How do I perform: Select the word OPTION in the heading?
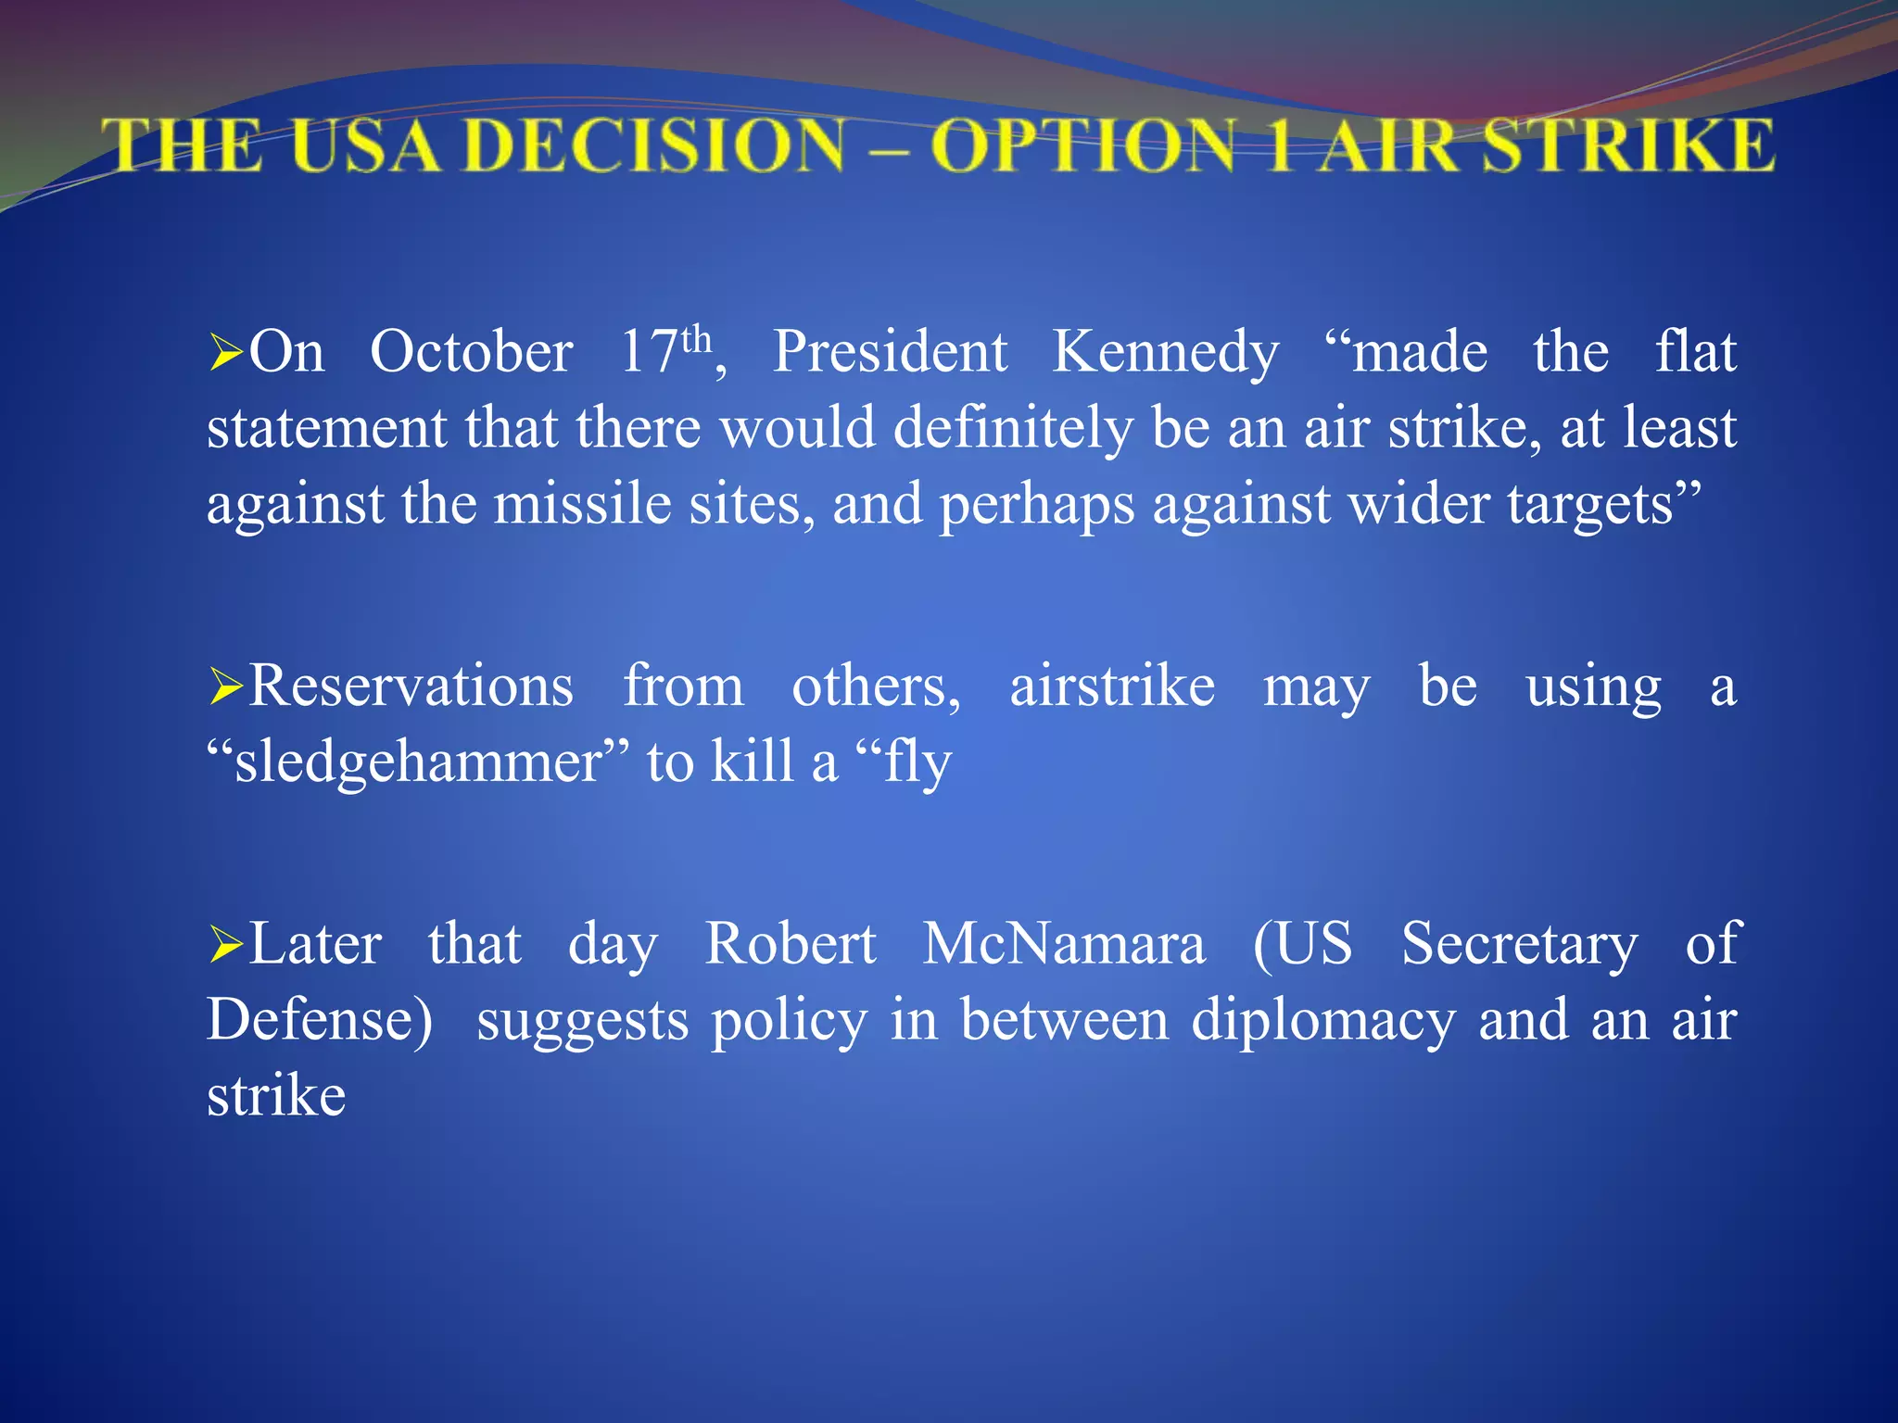click(1084, 146)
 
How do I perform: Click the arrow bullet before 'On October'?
click(225, 353)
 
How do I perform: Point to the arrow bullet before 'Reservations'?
click(225, 687)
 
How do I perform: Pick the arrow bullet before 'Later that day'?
click(225, 945)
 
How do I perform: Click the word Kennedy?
click(1165, 353)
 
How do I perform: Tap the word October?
click(471, 353)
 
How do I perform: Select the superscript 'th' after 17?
click(696, 340)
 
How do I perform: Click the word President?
click(890, 353)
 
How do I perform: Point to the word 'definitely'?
click(1013, 429)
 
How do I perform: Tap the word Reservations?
click(411, 687)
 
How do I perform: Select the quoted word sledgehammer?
click(418, 763)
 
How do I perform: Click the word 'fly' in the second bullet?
click(917, 763)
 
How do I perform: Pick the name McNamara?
click(1064, 945)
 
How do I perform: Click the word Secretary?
click(1519, 945)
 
